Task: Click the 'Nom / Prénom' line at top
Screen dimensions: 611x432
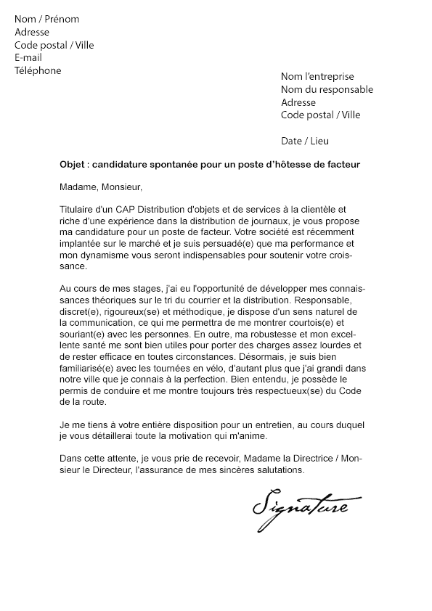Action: coord(47,19)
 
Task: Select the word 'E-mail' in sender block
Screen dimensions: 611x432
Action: coord(28,57)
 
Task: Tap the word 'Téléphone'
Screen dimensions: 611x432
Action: coord(38,70)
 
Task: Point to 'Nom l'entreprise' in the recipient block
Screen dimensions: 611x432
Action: coord(317,76)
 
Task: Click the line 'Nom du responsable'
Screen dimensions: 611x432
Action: coord(327,89)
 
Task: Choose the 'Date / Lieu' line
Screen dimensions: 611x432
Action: coord(305,141)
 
